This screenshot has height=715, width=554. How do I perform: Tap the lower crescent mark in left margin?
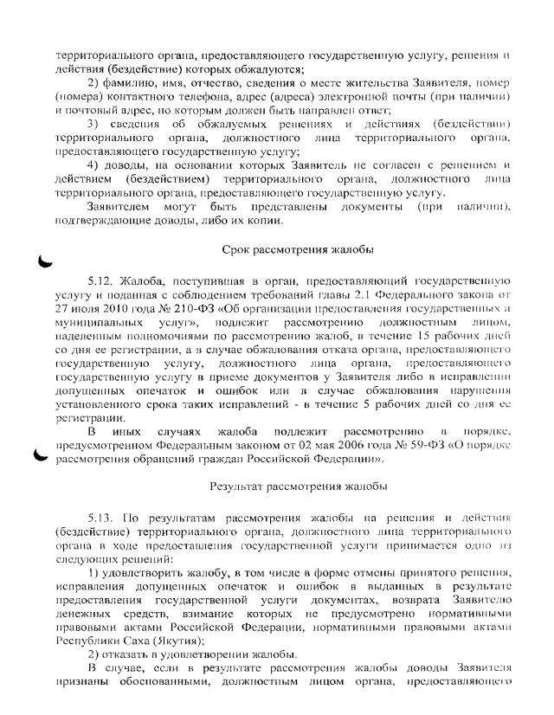click(40, 457)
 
